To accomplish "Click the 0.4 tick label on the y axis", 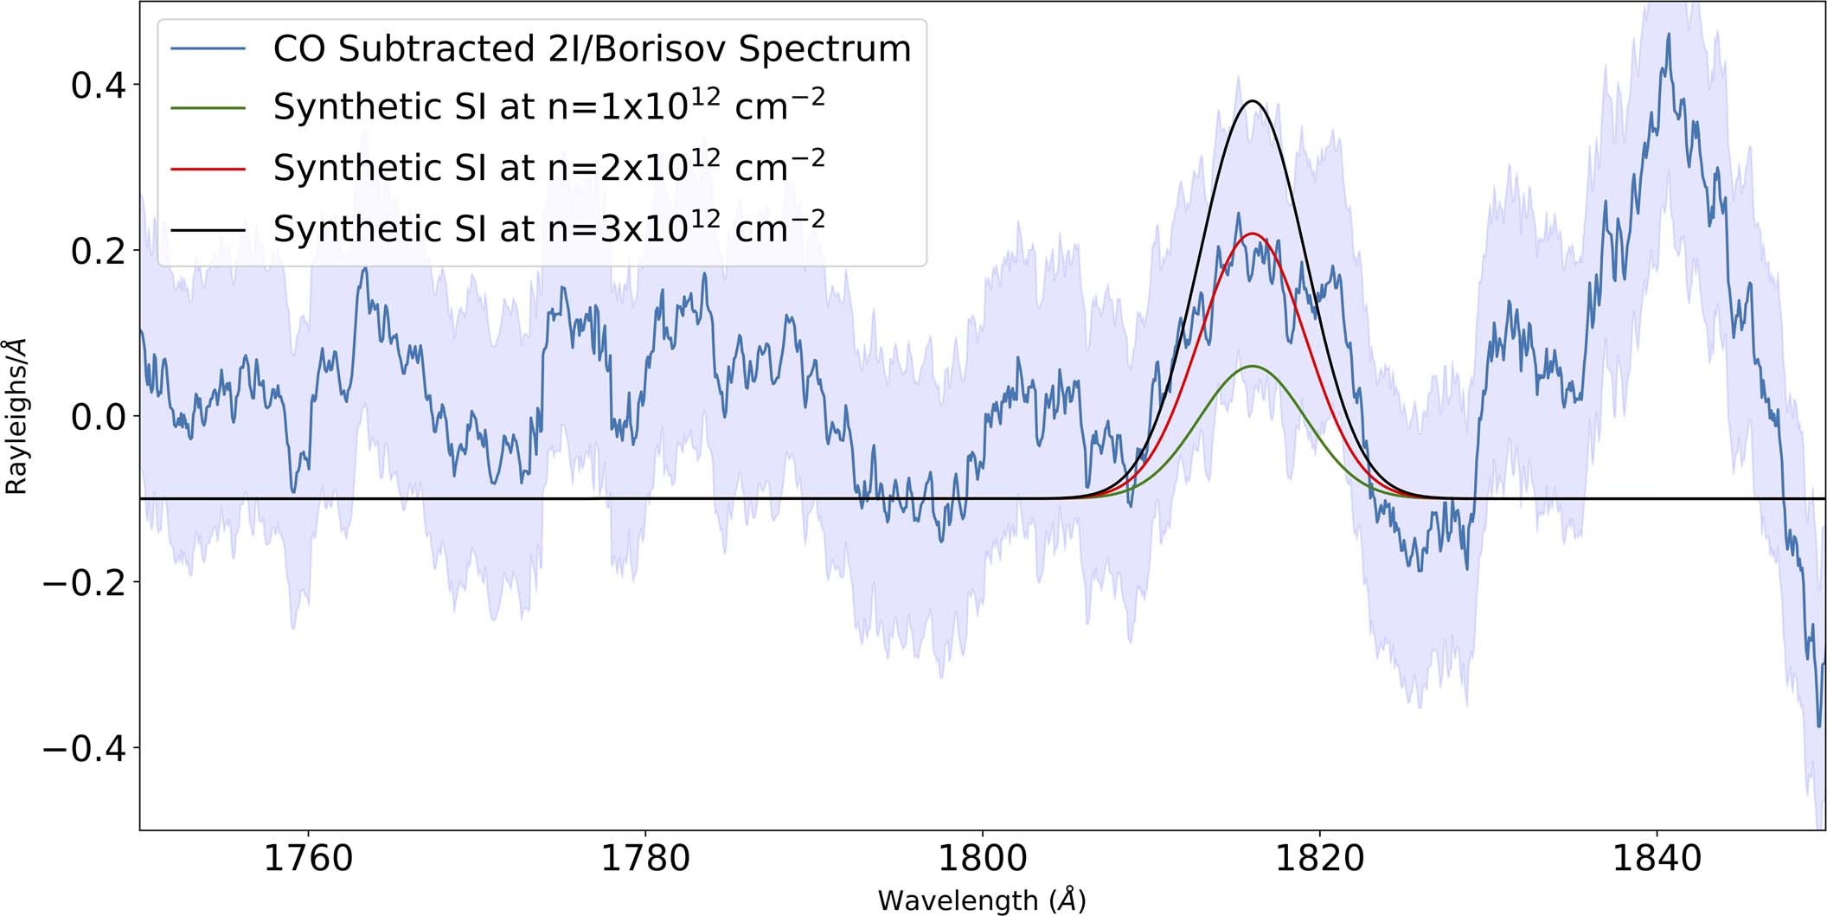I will pyautogui.click(x=98, y=86).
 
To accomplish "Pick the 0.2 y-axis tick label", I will pyautogui.click(x=98, y=251).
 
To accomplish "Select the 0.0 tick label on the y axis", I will pyautogui.click(x=98, y=417).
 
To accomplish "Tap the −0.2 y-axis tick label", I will pyautogui.click(x=84, y=582).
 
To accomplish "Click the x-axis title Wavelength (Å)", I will pyautogui.click(x=982, y=900).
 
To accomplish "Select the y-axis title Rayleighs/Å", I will pyautogui.click(x=16, y=416).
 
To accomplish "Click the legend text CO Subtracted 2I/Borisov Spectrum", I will pyautogui.click(x=592, y=48).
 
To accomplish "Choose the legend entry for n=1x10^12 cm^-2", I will pyautogui.click(x=548, y=106).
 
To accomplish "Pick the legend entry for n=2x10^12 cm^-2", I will pyautogui.click(x=548, y=167).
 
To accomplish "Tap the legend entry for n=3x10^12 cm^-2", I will pyautogui.click(x=548, y=227).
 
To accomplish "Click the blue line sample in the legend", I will pyautogui.click(x=208, y=48).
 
